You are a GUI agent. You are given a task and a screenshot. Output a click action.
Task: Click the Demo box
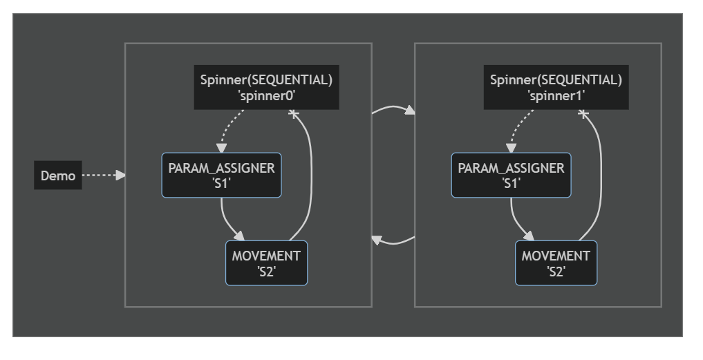pyautogui.click(x=58, y=176)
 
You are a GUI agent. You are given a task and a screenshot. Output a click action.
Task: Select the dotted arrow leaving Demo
pyautogui.click(x=104, y=176)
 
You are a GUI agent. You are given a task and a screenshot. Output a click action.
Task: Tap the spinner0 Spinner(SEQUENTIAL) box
pyautogui.click(x=266, y=88)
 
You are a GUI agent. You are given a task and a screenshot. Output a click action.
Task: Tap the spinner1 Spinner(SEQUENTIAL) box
pyautogui.click(x=556, y=88)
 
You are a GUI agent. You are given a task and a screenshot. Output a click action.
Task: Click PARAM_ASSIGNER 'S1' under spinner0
pyautogui.click(x=221, y=176)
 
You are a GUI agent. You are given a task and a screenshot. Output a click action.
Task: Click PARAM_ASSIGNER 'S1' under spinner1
pyautogui.click(x=511, y=176)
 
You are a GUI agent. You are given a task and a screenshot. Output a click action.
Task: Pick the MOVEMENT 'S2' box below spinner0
pyautogui.click(x=266, y=263)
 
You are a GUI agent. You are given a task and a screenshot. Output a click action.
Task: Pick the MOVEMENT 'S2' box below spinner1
pyautogui.click(x=556, y=263)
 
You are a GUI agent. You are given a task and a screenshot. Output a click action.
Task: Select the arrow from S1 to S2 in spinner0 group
pyautogui.click(x=227, y=223)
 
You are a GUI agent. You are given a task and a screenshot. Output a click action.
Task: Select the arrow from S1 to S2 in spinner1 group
pyautogui.click(x=516, y=223)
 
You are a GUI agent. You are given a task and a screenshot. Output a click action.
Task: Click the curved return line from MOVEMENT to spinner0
pyautogui.click(x=311, y=175)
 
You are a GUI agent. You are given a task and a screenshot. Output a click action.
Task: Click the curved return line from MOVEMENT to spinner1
pyautogui.click(x=601, y=175)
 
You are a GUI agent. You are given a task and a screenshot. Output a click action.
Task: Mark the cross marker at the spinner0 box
pyautogui.click(x=293, y=114)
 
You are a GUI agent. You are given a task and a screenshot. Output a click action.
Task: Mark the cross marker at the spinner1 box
pyautogui.click(x=583, y=114)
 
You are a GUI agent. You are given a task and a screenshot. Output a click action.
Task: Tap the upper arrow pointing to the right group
pyautogui.click(x=393, y=107)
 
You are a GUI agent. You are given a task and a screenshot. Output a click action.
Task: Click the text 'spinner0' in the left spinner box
pyautogui.click(x=266, y=95)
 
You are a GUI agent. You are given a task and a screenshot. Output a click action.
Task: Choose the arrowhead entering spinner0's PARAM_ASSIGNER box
pyautogui.click(x=221, y=149)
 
